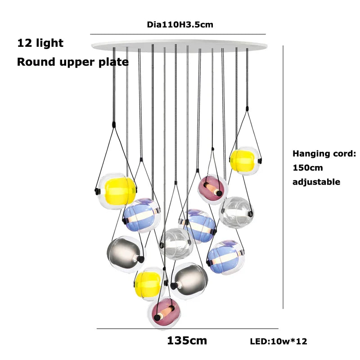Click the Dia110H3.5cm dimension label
[180, 25]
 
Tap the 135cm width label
[187, 341]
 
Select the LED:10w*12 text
[278, 342]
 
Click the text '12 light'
[40, 44]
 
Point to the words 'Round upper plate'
[72, 62]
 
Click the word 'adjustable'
[316, 182]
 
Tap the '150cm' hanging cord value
[308, 168]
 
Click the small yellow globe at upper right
[243, 160]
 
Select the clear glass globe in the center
[176, 243]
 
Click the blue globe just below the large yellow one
[141, 216]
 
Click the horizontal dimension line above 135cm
[187, 329]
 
